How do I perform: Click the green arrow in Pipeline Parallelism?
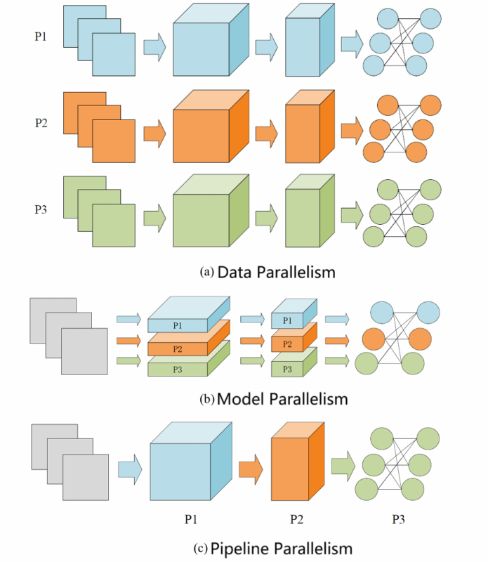click(343, 465)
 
